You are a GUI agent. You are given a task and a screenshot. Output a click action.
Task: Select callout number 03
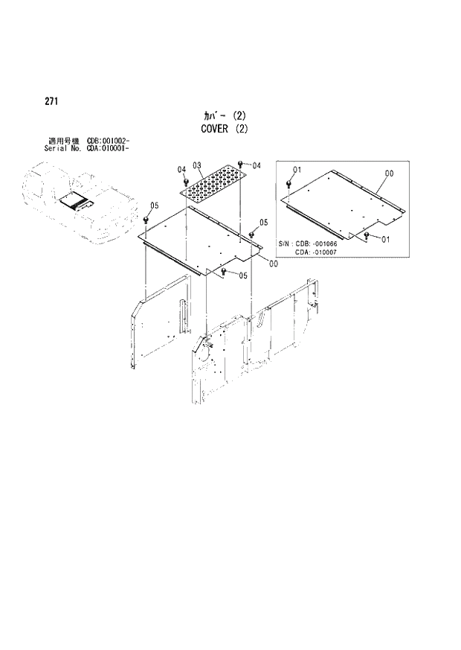pos(197,165)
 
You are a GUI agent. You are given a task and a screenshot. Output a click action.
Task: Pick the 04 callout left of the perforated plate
pos(181,171)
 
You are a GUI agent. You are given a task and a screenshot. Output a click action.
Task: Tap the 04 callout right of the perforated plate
pos(256,165)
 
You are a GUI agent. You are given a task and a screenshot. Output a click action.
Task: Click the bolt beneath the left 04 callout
pos(184,181)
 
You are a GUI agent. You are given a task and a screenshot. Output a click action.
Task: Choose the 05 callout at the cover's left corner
pos(154,205)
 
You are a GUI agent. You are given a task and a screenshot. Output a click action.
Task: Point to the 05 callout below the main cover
pos(243,275)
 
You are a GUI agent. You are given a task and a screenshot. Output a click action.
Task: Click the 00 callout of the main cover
pos(274,263)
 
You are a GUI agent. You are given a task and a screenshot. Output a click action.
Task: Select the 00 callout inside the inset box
pos(388,173)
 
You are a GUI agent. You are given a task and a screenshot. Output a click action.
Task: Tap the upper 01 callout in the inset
pos(297,171)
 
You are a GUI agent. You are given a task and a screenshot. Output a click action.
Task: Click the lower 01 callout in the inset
pos(385,239)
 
